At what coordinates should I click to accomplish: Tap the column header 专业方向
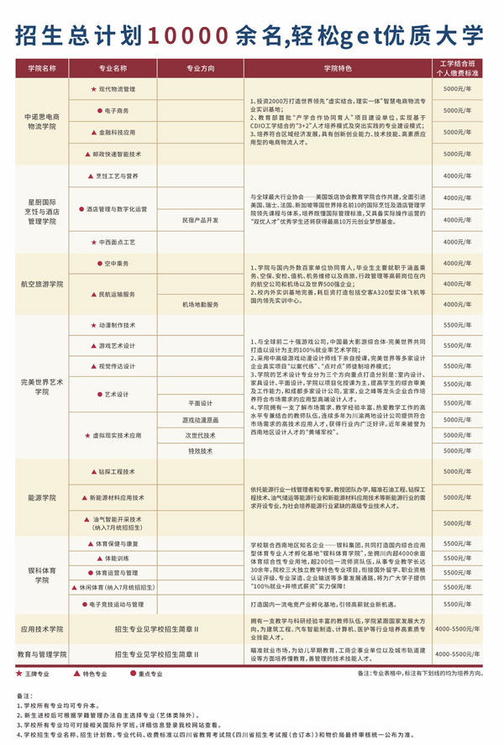(x=200, y=67)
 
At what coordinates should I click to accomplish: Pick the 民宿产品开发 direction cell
(x=200, y=219)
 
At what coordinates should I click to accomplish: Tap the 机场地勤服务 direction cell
(x=200, y=304)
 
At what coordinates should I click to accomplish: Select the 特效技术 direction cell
(x=200, y=451)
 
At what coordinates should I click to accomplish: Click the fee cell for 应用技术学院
(x=460, y=627)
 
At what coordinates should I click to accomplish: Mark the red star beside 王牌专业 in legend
(x=19, y=674)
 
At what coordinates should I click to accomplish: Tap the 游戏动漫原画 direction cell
(x=200, y=419)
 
